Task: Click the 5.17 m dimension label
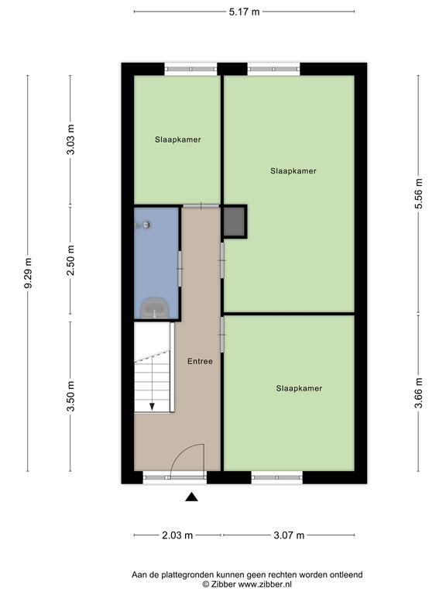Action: (244, 12)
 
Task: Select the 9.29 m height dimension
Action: (28, 273)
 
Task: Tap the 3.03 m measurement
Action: (70, 139)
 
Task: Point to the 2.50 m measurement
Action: (70, 260)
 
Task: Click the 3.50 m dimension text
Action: (70, 396)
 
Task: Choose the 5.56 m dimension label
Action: (419, 194)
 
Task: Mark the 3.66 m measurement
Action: (419, 393)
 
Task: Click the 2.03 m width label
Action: (177, 535)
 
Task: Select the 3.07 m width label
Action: (289, 535)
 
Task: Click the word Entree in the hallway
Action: (200, 361)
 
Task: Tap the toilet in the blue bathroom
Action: (154, 308)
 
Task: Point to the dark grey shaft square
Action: (234, 222)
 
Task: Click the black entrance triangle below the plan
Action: (191, 497)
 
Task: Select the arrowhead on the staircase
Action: (152, 407)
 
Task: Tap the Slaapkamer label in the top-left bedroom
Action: (178, 139)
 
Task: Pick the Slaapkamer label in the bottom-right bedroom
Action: (299, 389)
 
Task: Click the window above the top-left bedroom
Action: (190, 69)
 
